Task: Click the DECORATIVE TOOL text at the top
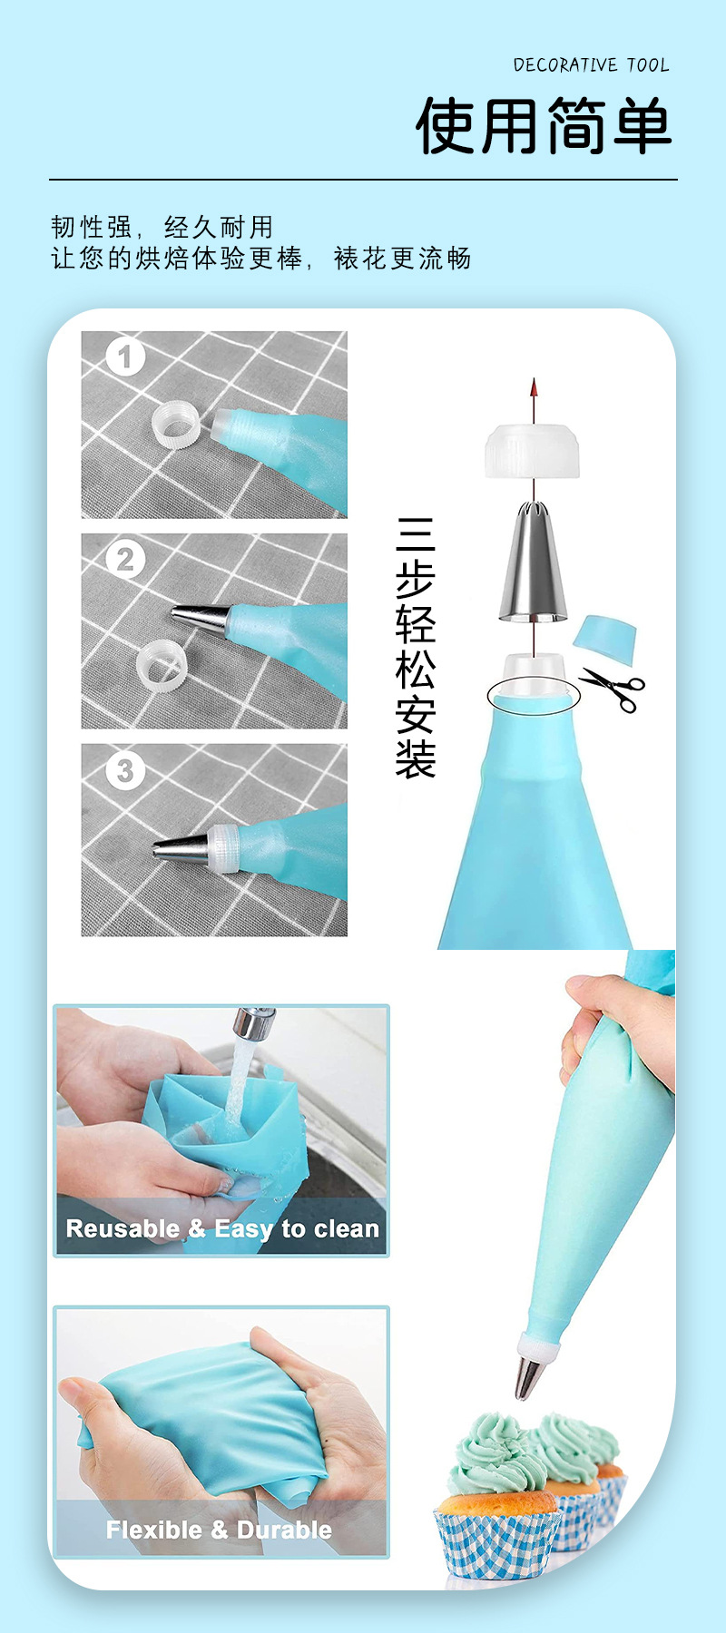591,65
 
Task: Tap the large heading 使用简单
544,126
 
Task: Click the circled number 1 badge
125,357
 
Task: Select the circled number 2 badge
125,559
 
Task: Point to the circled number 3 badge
125,771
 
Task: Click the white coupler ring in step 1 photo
177,424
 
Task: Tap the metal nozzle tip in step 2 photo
200,618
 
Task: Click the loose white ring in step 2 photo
161,665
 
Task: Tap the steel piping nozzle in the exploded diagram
533,562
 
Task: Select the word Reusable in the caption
123,1228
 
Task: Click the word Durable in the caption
284,1530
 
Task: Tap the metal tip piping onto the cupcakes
529,1377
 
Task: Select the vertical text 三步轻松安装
415,648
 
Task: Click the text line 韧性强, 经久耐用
162,227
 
